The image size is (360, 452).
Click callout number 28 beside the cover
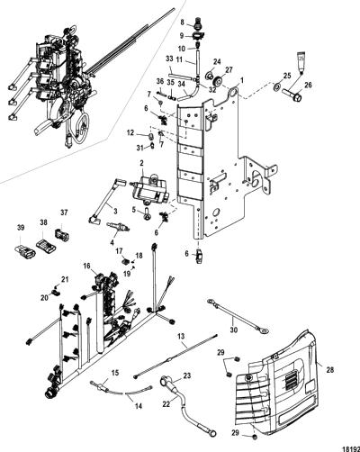click(330, 370)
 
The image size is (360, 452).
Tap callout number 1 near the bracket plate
click(242, 80)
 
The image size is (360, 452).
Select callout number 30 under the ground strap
click(234, 330)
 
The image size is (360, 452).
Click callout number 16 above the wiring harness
click(86, 266)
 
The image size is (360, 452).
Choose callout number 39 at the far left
click(21, 228)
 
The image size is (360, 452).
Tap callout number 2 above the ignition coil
click(141, 163)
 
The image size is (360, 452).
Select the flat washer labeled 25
click(276, 87)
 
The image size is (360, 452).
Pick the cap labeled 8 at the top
click(196, 23)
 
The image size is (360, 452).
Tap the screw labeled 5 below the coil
click(147, 213)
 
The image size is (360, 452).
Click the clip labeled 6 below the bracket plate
click(199, 256)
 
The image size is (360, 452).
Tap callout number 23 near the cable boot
click(186, 376)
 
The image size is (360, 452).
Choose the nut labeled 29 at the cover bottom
click(255, 445)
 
